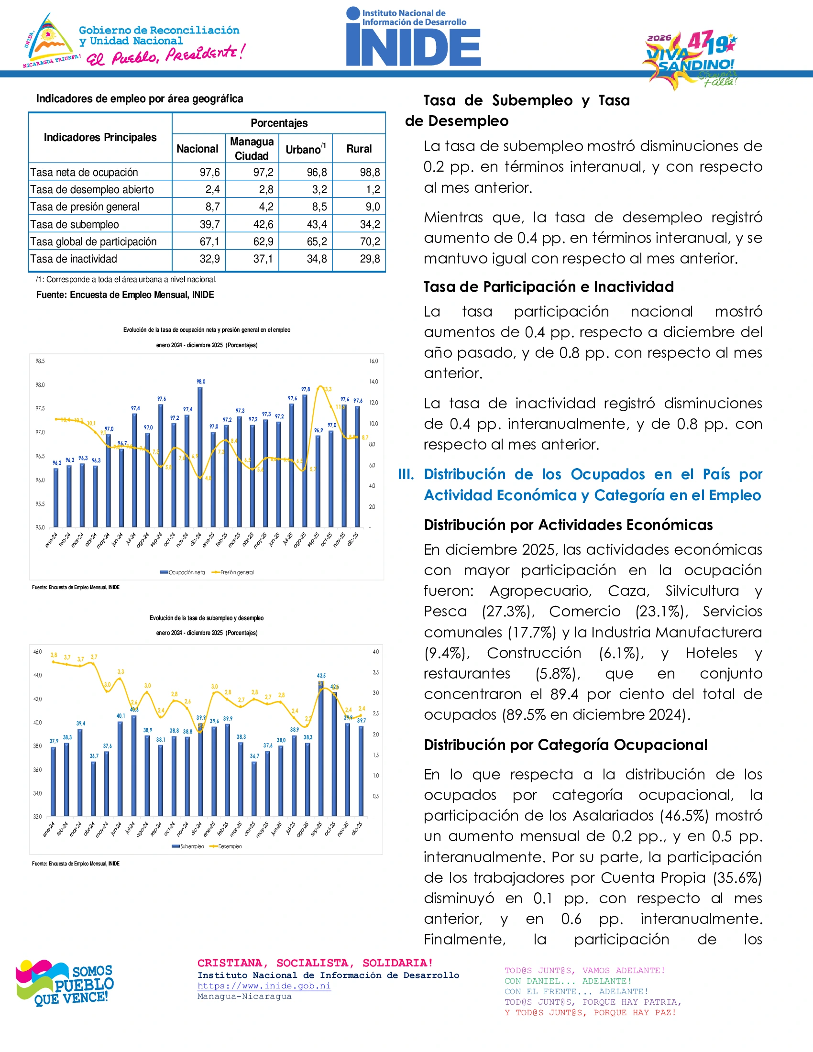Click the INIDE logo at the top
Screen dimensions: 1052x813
[413, 38]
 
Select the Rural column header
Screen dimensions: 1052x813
[359, 149]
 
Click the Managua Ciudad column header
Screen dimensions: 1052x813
[252, 149]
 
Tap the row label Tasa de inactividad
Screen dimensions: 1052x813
[74, 259]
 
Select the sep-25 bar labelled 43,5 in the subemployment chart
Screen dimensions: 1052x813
[321, 749]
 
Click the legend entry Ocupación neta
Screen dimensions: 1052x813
[183, 572]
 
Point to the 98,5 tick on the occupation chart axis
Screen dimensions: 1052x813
[40, 361]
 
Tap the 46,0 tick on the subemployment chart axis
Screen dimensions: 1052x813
[38, 652]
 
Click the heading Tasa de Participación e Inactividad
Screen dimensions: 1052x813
[548, 287]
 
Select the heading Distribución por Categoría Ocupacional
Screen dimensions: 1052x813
[565, 745]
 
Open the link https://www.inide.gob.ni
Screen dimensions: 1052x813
[264, 986]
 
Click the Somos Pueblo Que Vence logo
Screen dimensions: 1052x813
[65, 983]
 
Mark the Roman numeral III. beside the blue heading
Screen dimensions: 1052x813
[406, 474]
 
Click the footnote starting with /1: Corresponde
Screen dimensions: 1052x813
[126, 279]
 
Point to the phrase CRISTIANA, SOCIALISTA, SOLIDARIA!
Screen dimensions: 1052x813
[315, 963]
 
